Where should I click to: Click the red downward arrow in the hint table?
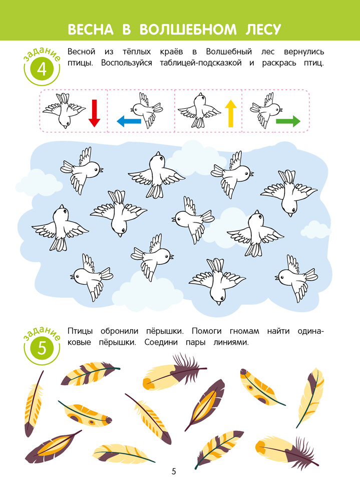click(x=94, y=113)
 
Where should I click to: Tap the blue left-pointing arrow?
click(x=129, y=121)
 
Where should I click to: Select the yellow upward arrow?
click(x=231, y=113)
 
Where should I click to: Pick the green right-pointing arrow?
click(x=288, y=121)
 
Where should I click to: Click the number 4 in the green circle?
click(x=42, y=69)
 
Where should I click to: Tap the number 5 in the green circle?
click(x=42, y=348)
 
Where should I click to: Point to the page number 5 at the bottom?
click(x=174, y=471)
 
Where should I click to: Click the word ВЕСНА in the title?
click(x=91, y=30)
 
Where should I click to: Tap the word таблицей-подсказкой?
click(x=201, y=63)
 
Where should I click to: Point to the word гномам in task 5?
click(x=244, y=331)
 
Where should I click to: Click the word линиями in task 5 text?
click(x=231, y=342)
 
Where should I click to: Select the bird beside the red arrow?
click(x=64, y=111)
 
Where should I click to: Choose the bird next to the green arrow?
click(x=266, y=110)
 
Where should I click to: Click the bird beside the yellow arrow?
click(x=199, y=110)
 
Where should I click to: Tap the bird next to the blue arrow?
click(x=147, y=110)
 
